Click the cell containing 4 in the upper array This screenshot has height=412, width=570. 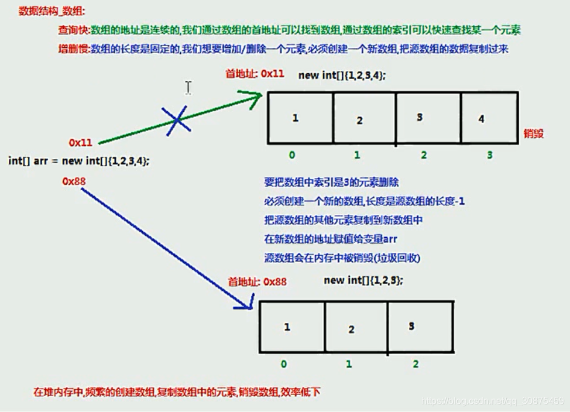tap(489, 118)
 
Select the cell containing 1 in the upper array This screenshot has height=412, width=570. tap(301, 118)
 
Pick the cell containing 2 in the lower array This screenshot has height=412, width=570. tap(351, 328)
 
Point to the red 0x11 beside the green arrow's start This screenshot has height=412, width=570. tap(81, 142)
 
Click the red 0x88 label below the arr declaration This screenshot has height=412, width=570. tap(74, 181)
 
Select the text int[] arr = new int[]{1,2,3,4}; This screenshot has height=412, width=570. tap(79, 161)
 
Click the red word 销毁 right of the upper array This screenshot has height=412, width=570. tap(533, 133)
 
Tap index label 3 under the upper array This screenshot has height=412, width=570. tap(489, 155)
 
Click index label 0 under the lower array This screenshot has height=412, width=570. tap(284, 364)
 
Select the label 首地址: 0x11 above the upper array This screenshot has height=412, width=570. tap(255, 74)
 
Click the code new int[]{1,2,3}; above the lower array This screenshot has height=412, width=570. tap(363, 280)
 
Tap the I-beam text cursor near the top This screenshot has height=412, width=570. tap(188, 87)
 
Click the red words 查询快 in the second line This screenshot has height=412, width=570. tap(73, 30)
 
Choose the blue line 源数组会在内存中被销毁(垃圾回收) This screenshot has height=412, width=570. tap(342, 258)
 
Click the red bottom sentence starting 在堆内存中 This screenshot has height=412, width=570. tap(176, 392)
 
